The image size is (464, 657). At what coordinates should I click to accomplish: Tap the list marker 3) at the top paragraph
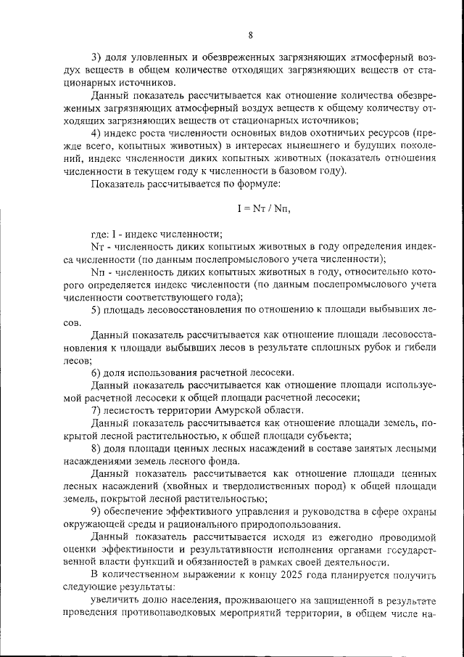click(96, 57)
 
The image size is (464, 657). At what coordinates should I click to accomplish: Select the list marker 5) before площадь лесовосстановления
click(96, 310)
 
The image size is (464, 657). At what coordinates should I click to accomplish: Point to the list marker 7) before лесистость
click(96, 409)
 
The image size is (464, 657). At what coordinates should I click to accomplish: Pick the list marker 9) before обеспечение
click(96, 511)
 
